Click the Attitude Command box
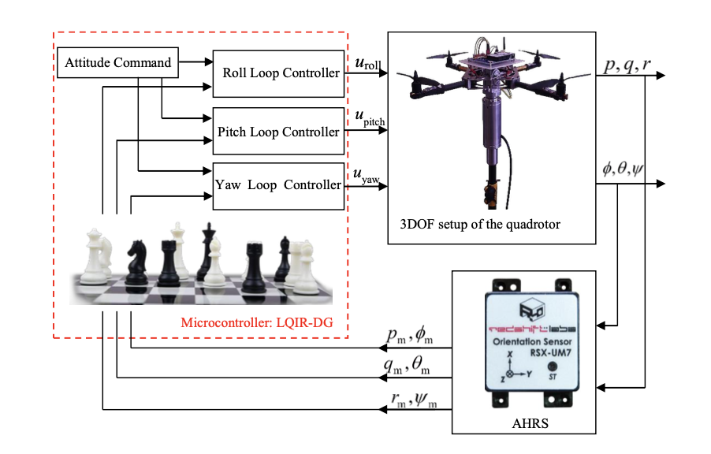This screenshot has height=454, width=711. [x=118, y=63]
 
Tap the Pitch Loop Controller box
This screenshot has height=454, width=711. [x=278, y=132]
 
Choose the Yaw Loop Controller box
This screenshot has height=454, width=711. [x=278, y=186]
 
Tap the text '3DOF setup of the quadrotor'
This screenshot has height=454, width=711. [x=475, y=224]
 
